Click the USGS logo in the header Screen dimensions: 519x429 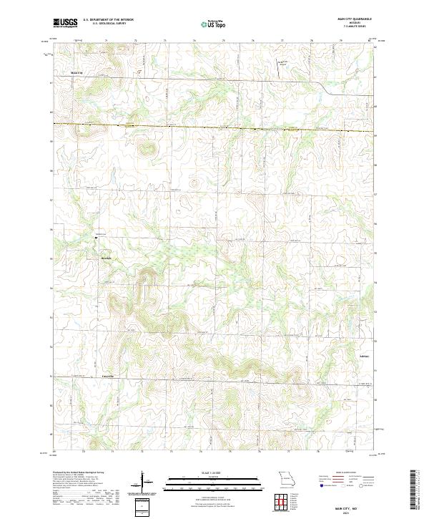click(65, 23)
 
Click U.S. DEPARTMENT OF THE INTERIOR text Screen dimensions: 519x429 click(108, 20)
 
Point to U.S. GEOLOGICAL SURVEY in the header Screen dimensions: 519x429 click(108, 24)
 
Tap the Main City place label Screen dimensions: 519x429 click(77, 73)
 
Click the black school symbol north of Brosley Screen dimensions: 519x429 click(97, 236)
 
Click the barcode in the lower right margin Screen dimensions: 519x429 click(413, 490)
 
